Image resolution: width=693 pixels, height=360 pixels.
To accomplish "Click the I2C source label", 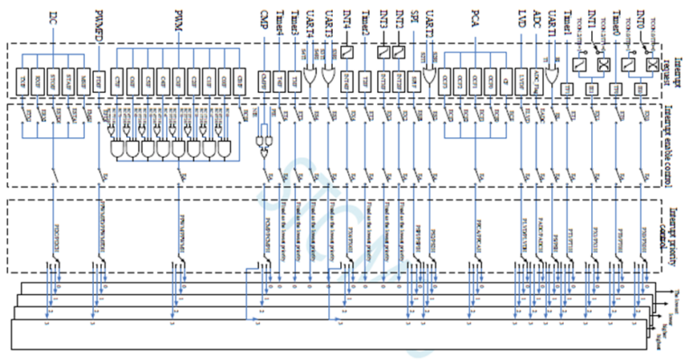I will [x=56, y=18].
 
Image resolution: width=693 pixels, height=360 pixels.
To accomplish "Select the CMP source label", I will [x=263, y=16].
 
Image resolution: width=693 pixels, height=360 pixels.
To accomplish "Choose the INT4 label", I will [x=346, y=17].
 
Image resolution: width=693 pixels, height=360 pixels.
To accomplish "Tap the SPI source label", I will [x=414, y=16].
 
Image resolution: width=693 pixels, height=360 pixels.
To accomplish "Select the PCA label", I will [x=475, y=16].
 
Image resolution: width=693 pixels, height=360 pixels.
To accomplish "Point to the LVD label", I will [x=522, y=16].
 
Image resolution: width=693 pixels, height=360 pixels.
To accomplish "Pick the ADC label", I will [x=539, y=16].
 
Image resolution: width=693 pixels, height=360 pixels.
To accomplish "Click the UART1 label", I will [x=554, y=19].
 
